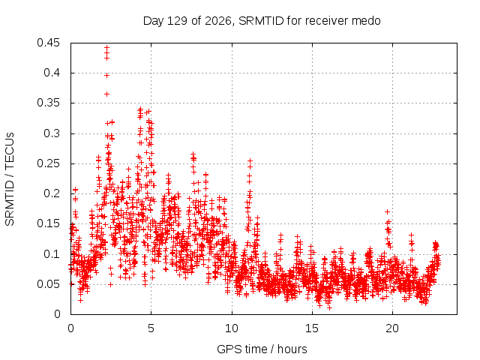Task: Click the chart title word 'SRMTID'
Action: click(x=261, y=21)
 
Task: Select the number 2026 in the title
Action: click(x=218, y=21)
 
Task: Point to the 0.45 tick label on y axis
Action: click(x=48, y=43)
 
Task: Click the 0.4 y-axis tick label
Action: click(x=52, y=73)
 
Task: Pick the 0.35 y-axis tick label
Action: click(x=48, y=103)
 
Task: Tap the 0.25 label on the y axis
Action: click(x=48, y=163)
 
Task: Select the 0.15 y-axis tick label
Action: click(x=48, y=223)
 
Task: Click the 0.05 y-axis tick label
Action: click(x=48, y=284)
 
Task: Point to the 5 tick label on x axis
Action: click(x=151, y=328)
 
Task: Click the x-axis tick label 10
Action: click(x=232, y=328)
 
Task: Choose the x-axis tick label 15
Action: click(x=312, y=328)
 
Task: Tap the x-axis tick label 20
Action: click(x=392, y=328)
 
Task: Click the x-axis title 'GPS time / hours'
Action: click(x=262, y=349)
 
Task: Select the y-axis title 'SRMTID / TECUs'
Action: click(x=10, y=179)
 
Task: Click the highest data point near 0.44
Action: click(x=106, y=48)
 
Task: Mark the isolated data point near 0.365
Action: click(x=106, y=94)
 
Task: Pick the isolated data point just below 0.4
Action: click(x=106, y=75)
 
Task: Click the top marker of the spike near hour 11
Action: click(x=250, y=160)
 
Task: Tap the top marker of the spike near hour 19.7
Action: click(x=387, y=211)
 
